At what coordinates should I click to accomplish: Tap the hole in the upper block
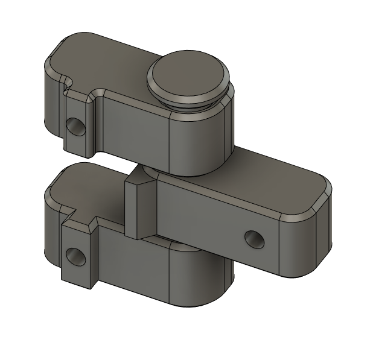click(76, 125)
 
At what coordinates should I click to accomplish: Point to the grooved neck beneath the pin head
click(192, 101)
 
